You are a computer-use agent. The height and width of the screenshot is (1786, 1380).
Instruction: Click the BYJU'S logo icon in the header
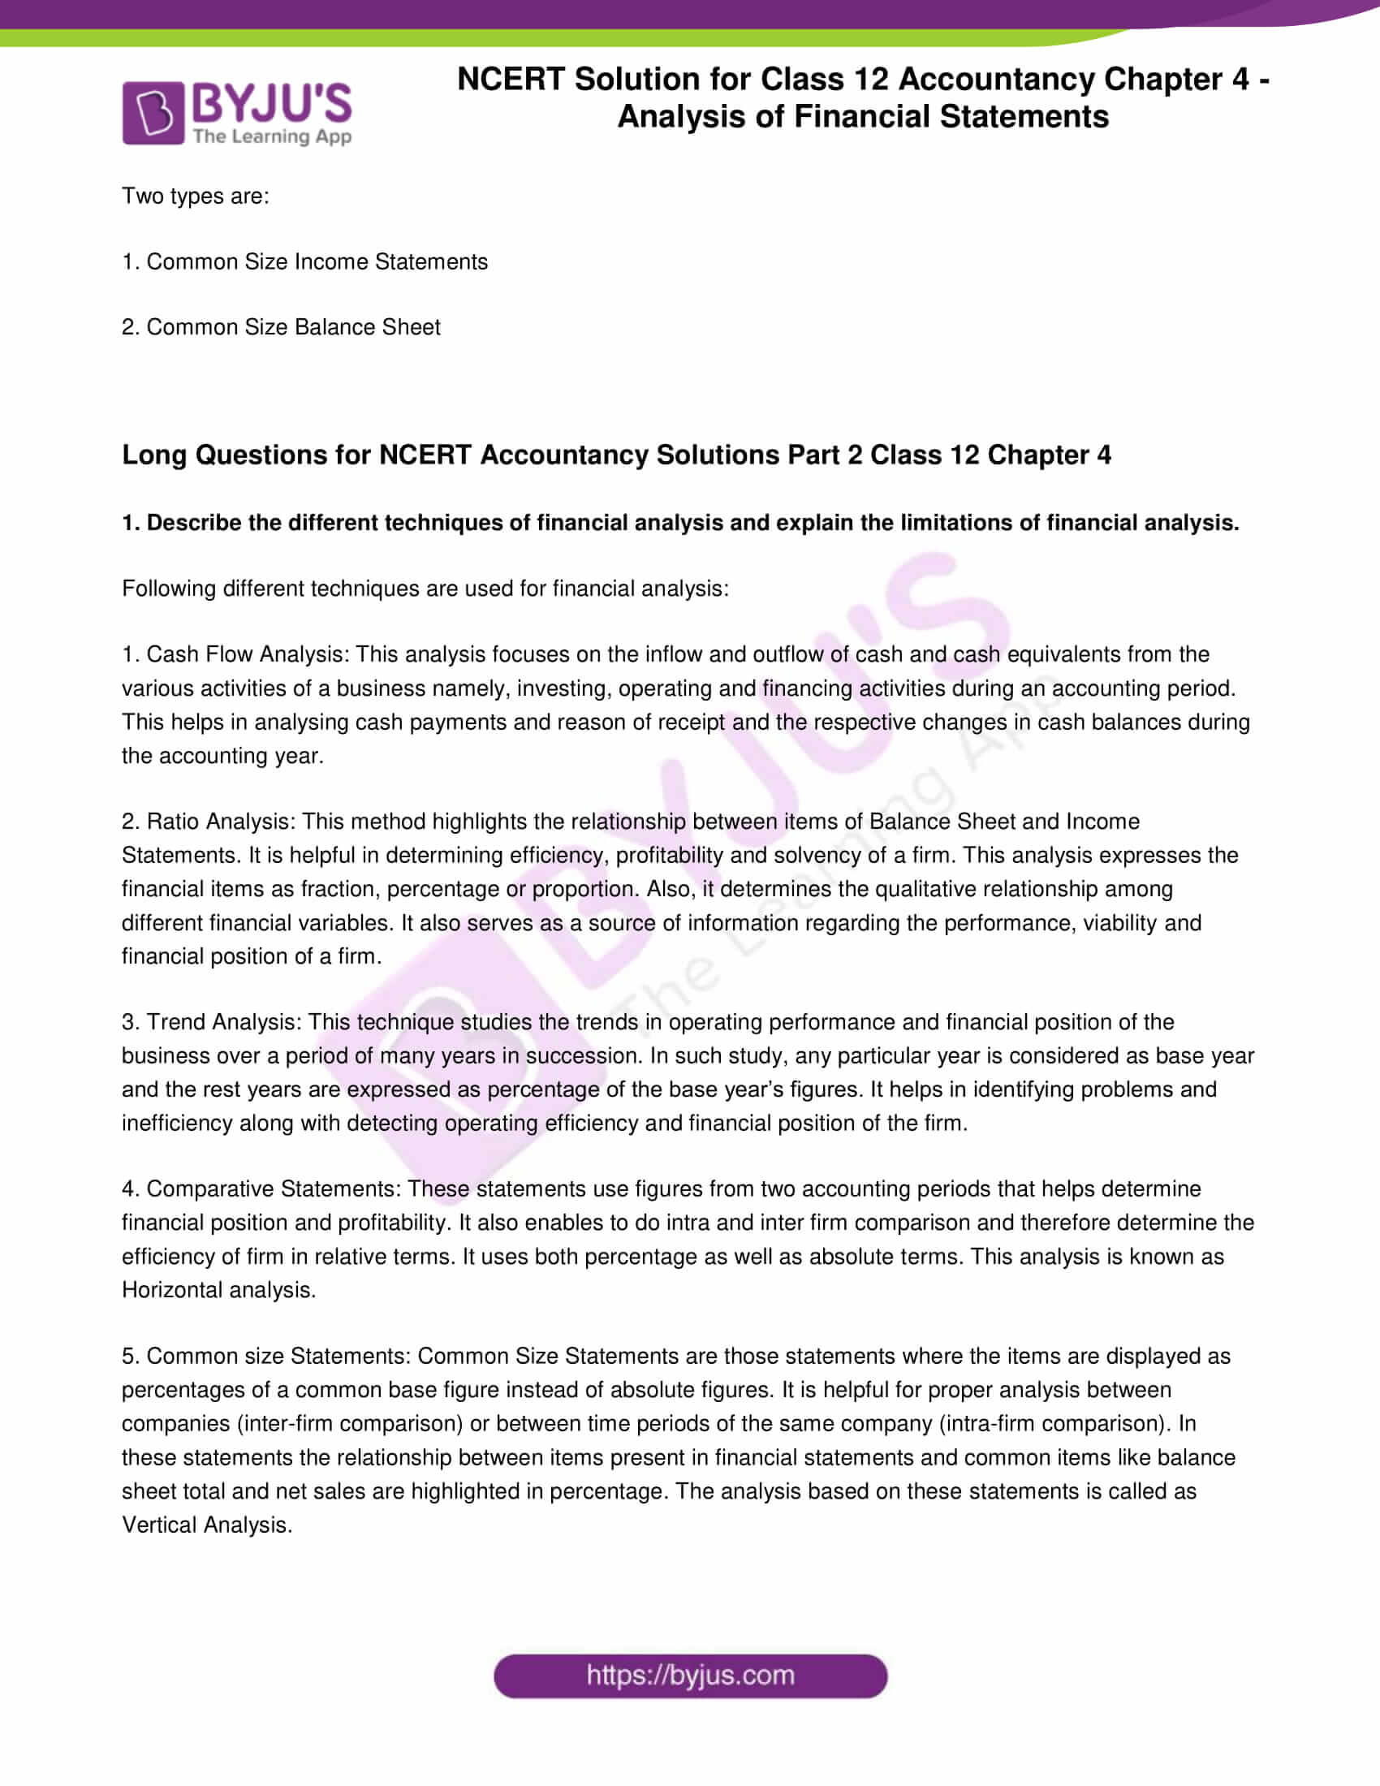(153, 113)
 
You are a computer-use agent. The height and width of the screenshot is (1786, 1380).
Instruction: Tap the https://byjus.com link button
(690, 1676)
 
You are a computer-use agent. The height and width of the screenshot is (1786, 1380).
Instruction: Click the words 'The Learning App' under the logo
(272, 136)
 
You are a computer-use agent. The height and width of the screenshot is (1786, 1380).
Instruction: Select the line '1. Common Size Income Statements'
(304, 261)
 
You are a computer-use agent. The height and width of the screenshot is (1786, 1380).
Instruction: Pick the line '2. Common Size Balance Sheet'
(280, 327)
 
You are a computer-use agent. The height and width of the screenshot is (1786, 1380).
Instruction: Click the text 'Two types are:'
(196, 196)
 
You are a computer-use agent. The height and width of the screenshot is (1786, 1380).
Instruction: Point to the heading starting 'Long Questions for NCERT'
(615, 455)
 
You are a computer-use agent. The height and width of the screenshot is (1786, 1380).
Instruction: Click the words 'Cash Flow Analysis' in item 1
(248, 654)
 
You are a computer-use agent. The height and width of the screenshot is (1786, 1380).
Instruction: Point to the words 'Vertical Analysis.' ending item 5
(207, 1525)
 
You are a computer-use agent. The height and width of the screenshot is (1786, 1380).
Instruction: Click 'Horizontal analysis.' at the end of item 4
(218, 1291)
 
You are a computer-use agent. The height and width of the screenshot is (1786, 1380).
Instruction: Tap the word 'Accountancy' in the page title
(991, 80)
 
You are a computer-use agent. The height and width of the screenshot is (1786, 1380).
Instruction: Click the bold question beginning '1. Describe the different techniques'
(679, 523)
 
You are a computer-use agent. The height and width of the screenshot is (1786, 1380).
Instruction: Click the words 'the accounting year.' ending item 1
(222, 756)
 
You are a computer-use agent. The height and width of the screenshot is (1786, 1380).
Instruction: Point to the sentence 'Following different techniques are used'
(425, 589)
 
